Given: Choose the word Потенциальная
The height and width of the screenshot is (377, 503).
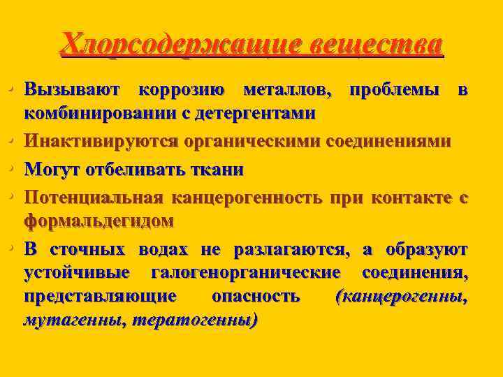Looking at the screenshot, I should pos(94,199).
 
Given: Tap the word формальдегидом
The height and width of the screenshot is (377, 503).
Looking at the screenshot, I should pos(99,220).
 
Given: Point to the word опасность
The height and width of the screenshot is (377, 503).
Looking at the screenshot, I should pos(256,296).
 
